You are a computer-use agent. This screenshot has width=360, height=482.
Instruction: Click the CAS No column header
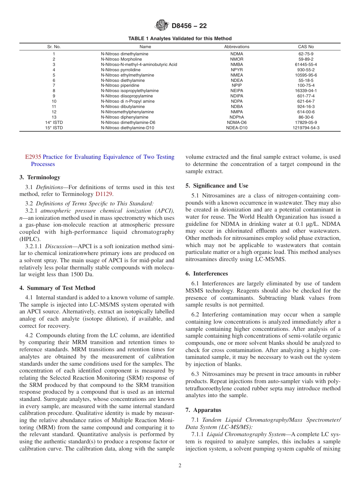point(306,47)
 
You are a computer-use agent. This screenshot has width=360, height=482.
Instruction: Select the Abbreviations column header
point(236,47)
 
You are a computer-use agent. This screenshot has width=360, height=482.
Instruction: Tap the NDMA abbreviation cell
point(236,54)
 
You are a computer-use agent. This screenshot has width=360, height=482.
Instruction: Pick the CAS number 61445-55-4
point(306,65)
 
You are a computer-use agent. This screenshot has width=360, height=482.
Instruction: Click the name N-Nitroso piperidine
point(121,86)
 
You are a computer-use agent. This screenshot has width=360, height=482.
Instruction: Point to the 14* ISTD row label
point(54,123)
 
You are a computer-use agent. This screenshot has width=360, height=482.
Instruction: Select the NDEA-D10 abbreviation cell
point(236,128)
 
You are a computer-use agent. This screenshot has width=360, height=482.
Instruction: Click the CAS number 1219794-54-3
point(306,128)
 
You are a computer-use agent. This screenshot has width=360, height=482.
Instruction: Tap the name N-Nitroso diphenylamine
point(125,117)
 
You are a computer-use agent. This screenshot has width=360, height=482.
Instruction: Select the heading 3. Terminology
point(40,177)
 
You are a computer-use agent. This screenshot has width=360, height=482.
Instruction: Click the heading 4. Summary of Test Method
point(57,288)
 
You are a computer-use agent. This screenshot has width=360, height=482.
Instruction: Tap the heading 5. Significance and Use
point(217,186)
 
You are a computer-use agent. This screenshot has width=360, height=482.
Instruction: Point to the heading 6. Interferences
point(207,274)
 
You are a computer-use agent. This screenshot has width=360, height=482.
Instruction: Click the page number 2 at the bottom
point(180,466)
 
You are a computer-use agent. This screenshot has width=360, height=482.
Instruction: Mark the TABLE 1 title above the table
point(180,39)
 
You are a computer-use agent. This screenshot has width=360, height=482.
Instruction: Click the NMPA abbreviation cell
point(236,112)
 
